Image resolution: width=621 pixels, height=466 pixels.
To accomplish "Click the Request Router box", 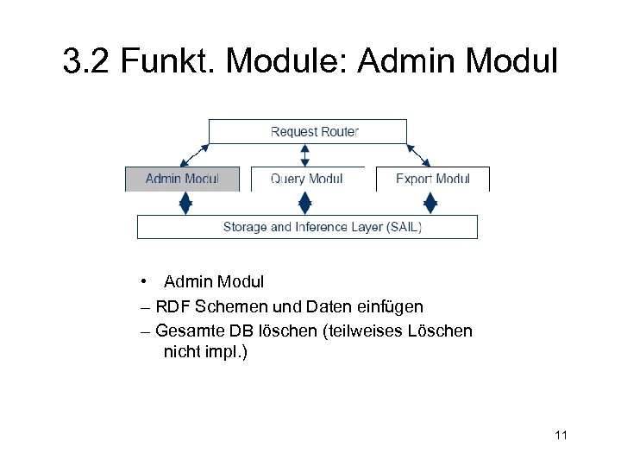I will [x=308, y=131].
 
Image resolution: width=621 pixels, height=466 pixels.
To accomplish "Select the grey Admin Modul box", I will [x=182, y=179].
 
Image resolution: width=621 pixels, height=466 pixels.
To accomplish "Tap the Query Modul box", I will [x=306, y=179].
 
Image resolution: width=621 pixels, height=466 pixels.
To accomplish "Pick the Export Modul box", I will [x=432, y=179].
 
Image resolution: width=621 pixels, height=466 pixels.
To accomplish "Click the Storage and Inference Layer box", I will [x=308, y=227].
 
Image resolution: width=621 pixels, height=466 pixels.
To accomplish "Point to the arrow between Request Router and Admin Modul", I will [x=194, y=155].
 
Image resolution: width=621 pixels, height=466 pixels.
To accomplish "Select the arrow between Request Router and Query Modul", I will [x=304, y=155].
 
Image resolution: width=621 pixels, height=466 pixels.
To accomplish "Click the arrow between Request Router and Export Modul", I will [x=418, y=155].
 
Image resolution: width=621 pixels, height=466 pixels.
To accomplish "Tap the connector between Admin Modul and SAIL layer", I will [x=184, y=204].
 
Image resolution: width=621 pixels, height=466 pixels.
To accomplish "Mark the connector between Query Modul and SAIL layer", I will [x=304, y=204].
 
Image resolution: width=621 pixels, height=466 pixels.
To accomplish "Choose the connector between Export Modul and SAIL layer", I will [x=430, y=204].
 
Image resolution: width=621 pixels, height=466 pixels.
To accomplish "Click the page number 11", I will [x=561, y=435].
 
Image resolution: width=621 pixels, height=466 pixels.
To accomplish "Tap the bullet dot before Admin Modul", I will [x=149, y=282].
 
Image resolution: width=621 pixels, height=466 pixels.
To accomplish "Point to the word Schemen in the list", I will [x=225, y=306].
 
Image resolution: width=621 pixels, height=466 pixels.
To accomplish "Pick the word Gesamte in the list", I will [x=191, y=331].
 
